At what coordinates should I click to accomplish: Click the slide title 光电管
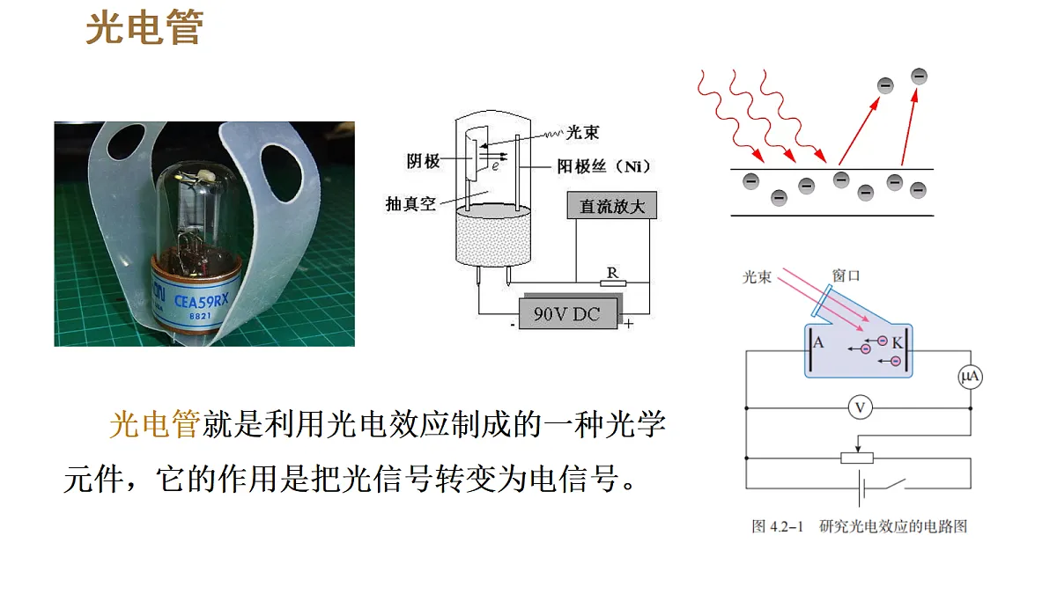(144, 28)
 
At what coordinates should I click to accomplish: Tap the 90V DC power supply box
(567, 313)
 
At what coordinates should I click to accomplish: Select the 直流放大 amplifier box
(611, 206)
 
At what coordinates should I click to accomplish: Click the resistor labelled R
(613, 283)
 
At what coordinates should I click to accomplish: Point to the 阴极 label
(423, 161)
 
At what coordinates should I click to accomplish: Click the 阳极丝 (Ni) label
(603, 166)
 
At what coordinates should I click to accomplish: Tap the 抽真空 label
(410, 203)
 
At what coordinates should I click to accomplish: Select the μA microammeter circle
(970, 377)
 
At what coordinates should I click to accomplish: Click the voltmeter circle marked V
(860, 407)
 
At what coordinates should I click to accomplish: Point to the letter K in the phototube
(897, 342)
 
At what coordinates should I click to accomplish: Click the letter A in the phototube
(818, 342)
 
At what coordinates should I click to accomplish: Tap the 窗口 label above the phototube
(846, 275)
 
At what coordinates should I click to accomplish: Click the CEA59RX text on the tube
(202, 300)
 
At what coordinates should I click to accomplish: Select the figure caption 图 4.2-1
(777, 526)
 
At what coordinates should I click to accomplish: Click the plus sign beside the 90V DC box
(628, 324)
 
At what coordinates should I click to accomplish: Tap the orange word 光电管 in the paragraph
(155, 424)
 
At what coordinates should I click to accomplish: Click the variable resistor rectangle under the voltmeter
(857, 458)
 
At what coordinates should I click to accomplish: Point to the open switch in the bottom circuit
(890, 485)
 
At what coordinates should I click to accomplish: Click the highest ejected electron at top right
(919, 77)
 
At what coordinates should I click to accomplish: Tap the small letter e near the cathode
(495, 166)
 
